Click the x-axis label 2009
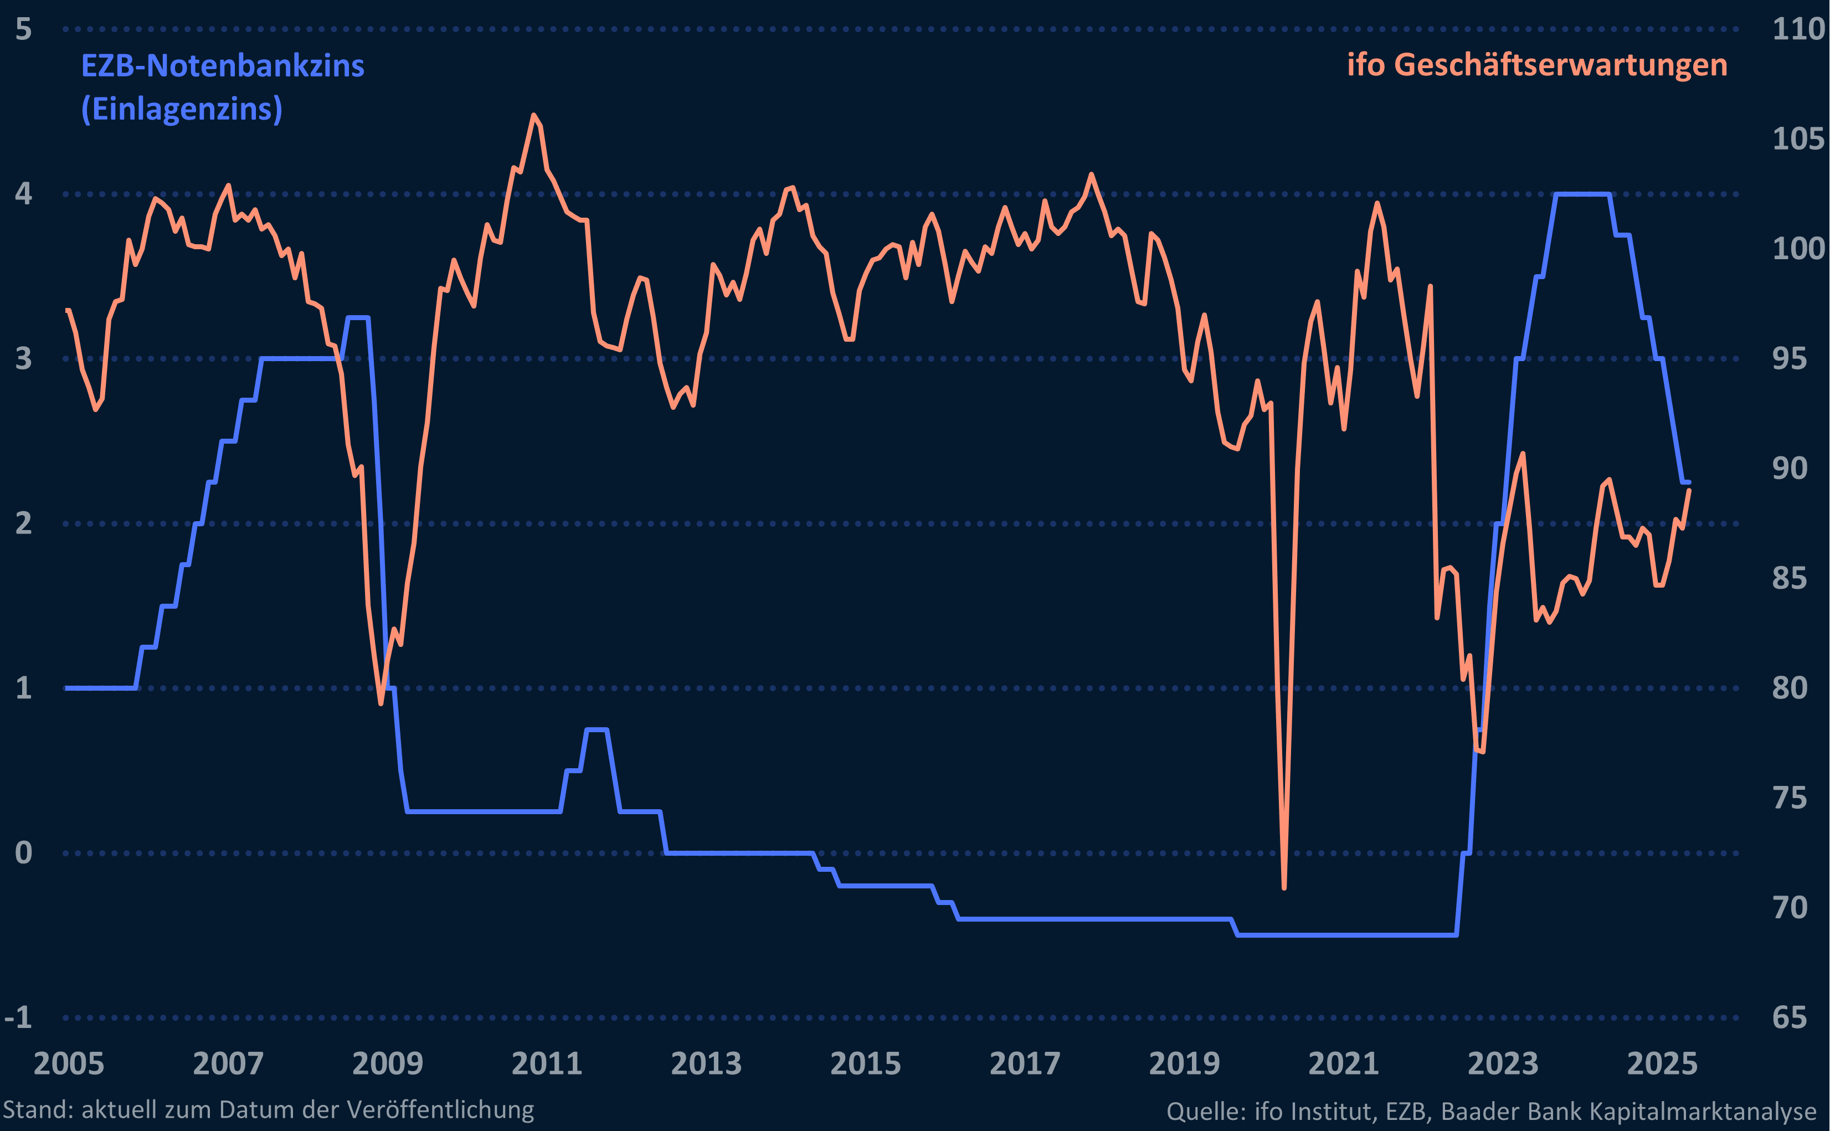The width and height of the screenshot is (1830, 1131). [x=387, y=1063]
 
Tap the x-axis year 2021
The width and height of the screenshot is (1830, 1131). [x=1343, y=1063]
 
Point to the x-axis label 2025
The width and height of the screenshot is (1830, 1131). [x=1663, y=1063]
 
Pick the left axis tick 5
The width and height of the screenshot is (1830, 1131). [x=23, y=29]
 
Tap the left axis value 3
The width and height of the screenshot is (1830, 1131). [x=23, y=358]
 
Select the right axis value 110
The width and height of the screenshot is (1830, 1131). [x=1798, y=29]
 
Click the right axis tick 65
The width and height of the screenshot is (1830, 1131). [x=1790, y=1017]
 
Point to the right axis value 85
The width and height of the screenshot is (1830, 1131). [x=1790, y=578]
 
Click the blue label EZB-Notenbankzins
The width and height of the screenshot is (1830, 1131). [x=222, y=66]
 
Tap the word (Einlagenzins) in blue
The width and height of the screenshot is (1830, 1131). [x=182, y=109]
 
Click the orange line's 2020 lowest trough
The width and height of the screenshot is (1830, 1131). [x=1284, y=888]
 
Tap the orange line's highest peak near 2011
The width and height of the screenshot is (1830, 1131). [x=533, y=115]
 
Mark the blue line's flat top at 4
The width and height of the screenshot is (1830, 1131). [x=1582, y=194]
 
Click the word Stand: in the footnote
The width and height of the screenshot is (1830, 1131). [x=38, y=1109]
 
